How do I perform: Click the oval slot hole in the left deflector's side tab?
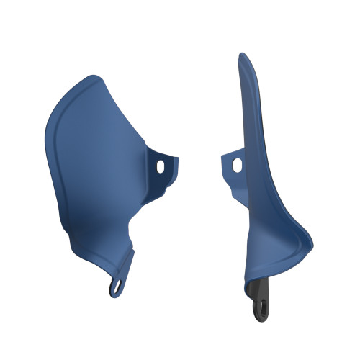coord(160,166)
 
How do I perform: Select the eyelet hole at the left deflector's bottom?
coord(116,287)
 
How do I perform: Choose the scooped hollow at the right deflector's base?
coord(277,252)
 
